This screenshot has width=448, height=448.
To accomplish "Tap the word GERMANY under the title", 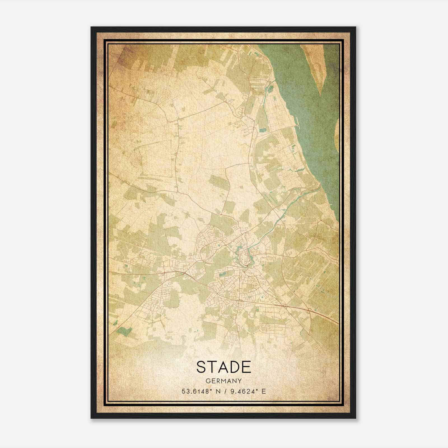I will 224,381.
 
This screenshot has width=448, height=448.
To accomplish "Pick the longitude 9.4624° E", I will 248,391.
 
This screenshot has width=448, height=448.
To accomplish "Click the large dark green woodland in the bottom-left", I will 124,331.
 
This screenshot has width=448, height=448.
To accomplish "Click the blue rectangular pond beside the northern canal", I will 262,130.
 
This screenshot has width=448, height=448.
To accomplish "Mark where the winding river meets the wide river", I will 319,186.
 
